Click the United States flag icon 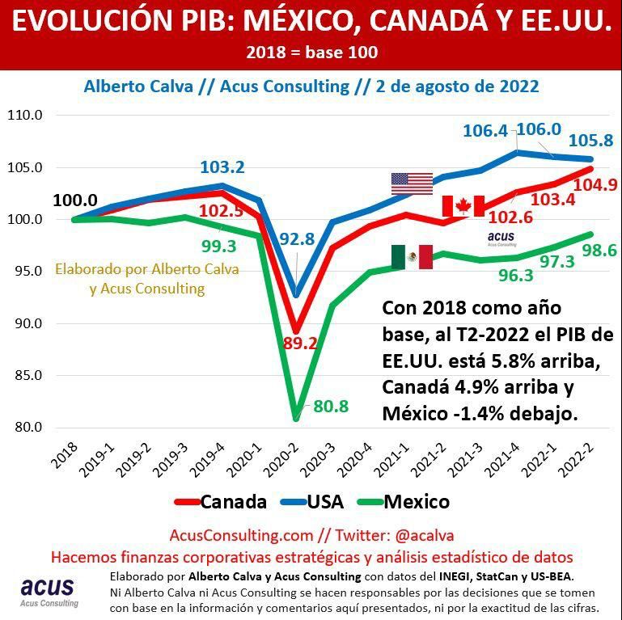click(x=412, y=183)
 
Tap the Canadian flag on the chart click(x=463, y=206)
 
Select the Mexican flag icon click(x=412, y=257)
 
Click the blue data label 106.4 click(x=485, y=131)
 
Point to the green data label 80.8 click(x=330, y=407)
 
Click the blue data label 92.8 click(x=297, y=239)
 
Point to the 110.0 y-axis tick click(x=24, y=116)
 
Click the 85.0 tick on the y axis click(x=24, y=376)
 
